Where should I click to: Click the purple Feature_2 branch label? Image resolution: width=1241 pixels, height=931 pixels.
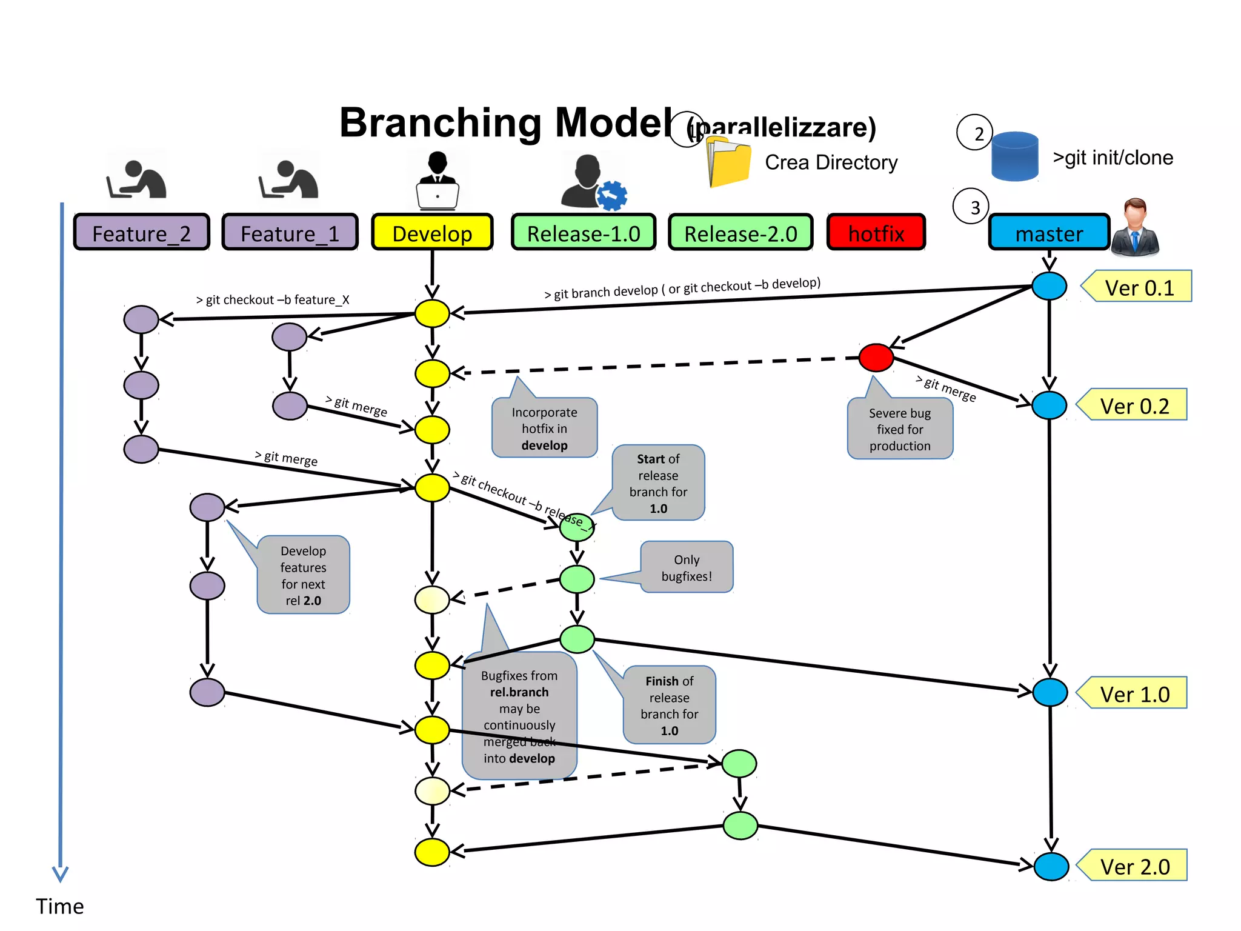pyautogui.click(x=141, y=233)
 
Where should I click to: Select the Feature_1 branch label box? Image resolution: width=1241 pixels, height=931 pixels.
pyautogui.click(x=290, y=233)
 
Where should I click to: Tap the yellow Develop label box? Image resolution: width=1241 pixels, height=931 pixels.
pyautogui.click(x=432, y=233)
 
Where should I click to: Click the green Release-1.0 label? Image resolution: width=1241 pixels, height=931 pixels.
pyautogui.click(x=583, y=233)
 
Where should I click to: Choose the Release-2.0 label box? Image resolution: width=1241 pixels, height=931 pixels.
pyautogui.click(x=740, y=233)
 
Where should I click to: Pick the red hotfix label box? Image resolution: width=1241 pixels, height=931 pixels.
pyautogui.click(x=876, y=233)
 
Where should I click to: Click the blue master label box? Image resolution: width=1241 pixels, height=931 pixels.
pyautogui.click(x=1049, y=233)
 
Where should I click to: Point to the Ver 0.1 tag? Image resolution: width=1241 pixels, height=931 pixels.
pyautogui.click(x=1139, y=287)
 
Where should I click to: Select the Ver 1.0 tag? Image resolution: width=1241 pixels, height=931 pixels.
pyautogui.click(x=1134, y=693)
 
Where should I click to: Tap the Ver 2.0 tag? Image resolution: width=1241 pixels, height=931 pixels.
pyautogui.click(x=1134, y=866)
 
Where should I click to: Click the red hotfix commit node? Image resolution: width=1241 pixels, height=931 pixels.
pyautogui.click(x=876, y=357)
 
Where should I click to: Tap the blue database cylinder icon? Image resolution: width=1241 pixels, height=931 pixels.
pyautogui.click(x=1014, y=156)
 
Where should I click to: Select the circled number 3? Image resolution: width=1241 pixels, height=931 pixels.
pyautogui.click(x=971, y=207)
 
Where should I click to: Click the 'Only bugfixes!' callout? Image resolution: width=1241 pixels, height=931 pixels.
pyautogui.click(x=687, y=567)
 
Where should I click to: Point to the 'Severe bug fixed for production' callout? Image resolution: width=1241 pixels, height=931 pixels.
pyautogui.click(x=900, y=429)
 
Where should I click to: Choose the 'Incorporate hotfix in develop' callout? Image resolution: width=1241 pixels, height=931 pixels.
pyautogui.click(x=544, y=428)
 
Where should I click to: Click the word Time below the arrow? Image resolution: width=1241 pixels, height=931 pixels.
pyautogui.click(x=59, y=906)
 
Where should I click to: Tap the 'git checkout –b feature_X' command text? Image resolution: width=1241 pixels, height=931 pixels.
pyautogui.click(x=273, y=299)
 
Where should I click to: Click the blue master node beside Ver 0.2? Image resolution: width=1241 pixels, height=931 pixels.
pyautogui.click(x=1049, y=405)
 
